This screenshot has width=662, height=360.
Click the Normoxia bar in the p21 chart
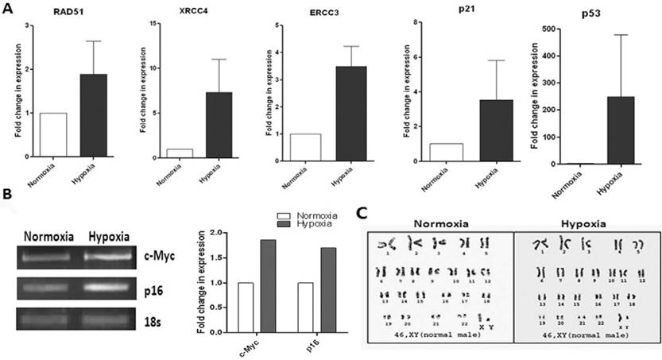click(x=444, y=153)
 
